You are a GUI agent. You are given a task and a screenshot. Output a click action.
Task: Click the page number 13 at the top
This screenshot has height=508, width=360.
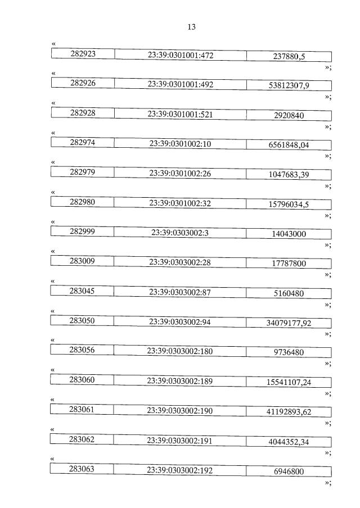pos(191,27)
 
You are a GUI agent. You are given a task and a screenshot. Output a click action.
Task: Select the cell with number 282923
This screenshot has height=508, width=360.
pos(83,54)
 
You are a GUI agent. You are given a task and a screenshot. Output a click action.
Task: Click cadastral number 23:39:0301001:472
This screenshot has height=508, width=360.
pos(180,55)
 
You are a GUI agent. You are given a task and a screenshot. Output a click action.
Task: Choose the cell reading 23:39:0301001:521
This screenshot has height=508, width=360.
pos(180,114)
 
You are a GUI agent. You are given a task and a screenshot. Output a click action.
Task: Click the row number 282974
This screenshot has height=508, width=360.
pos(83,143)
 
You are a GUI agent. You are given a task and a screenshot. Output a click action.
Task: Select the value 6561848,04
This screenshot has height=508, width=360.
pos(289,145)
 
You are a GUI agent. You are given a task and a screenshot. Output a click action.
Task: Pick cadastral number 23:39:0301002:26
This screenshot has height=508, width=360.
pos(180,174)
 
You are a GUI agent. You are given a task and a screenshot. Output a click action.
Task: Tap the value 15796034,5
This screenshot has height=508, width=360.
pos(289,205)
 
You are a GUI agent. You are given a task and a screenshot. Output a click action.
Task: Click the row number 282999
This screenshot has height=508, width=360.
pos(83,232)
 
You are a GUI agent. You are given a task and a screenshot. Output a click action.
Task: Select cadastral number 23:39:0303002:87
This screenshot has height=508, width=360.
pos(180,292)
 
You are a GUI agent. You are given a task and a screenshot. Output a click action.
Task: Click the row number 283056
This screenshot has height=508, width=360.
pos(83,350)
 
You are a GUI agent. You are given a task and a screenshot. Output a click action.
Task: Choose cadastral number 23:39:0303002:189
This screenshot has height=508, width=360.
pos(180,381)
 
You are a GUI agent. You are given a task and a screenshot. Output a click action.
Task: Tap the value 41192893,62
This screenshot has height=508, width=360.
pos(289,412)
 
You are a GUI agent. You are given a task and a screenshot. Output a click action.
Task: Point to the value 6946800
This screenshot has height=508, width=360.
pos(289,471)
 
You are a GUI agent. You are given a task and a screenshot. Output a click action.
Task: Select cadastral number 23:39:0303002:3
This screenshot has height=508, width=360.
pos(180,233)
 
